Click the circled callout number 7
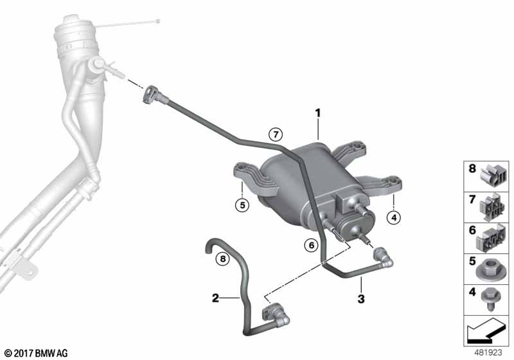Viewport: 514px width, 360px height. [x=276, y=134]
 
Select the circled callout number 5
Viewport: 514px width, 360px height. [x=242, y=205]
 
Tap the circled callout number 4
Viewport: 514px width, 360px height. [x=394, y=217]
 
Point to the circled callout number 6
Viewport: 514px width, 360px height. [x=311, y=245]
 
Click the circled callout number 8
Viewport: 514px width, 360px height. [x=223, y=259]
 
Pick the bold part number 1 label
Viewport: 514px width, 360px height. [x=317, y=113]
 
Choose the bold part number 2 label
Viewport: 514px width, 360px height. [x=215, y=298]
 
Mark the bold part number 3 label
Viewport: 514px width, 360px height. [x=361, y=299]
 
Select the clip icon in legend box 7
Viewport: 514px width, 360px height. [x=492, y=206]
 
